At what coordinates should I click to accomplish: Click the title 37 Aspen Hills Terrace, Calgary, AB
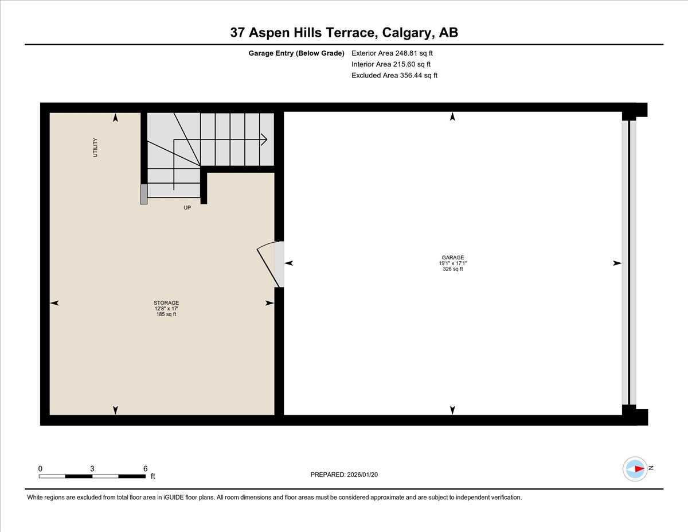pos(344,33)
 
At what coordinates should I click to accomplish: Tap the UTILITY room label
pos(95,147)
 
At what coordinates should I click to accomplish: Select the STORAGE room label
pos(166,302)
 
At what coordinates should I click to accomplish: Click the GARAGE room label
pos(452,258)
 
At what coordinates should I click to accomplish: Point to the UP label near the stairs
pos(187,208)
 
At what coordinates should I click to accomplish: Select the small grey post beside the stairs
pos(143,194)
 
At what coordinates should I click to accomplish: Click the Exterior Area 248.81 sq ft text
pos(392,53)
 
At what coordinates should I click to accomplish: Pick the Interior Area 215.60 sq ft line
pos(390,64)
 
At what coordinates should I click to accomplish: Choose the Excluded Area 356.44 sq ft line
pos(394,75)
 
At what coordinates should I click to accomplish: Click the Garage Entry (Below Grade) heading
pos(296,53)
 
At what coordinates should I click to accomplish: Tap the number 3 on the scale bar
pos(92,468)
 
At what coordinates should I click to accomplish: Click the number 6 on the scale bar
pos(146,468)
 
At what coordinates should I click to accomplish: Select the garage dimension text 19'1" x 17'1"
pos(452,263)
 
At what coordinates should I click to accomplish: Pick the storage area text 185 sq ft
pos(166,314)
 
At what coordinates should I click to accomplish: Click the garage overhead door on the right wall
pos(629,263)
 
